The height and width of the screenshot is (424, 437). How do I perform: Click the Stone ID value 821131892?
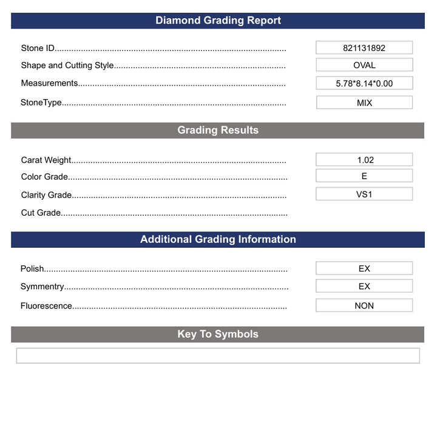pos(364,47)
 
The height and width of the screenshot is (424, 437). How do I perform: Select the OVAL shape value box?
pos(364,65)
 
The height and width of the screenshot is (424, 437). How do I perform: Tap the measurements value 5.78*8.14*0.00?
pos(364,83)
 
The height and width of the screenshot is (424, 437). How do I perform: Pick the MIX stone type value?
pos(364,103)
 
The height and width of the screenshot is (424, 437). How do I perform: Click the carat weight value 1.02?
pos(364,160)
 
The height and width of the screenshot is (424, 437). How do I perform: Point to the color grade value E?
pos(364,176)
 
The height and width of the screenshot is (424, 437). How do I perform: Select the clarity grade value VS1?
pos(364,194)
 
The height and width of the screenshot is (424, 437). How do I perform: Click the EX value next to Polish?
pos(364,268)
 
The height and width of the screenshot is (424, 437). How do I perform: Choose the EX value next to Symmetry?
pos(364,286)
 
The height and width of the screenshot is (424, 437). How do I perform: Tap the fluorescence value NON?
pos(364,306)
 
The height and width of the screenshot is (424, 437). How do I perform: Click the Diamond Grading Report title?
pos(218,21)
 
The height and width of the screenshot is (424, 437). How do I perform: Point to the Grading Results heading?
pos(218,130)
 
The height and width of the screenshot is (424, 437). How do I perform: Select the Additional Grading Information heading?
pos(218,239)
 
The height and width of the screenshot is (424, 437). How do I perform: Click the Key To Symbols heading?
pos(218,334)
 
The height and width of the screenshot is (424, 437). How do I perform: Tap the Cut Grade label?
pos(41,213)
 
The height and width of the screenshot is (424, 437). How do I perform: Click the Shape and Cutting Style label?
pos(67,65)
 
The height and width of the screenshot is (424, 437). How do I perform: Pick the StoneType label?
pos(41,103)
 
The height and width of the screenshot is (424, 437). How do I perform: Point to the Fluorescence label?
pos(46,306)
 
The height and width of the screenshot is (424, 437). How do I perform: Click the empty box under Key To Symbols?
pos(218,355)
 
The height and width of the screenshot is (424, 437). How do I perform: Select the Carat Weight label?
pos(46,160)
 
